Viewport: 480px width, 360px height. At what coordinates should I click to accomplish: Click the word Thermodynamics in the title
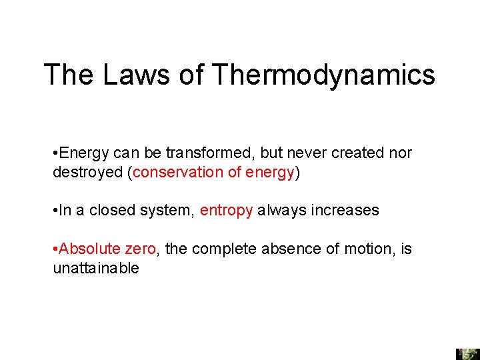323,75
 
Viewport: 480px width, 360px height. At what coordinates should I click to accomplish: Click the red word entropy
226,211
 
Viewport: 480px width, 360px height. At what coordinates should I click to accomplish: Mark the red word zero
140,249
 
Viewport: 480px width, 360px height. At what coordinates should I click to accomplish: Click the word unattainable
96,268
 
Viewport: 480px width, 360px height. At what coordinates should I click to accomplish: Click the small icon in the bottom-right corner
467,353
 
